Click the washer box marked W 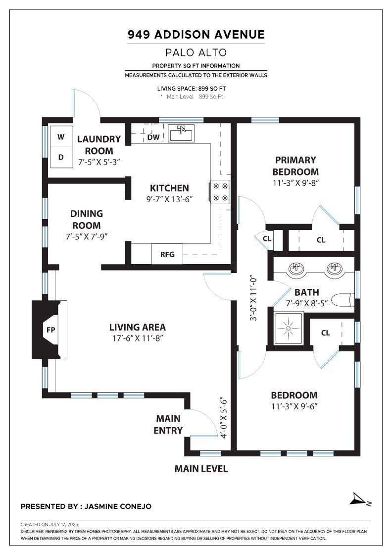61,136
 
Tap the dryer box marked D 61,157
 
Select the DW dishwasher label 153,137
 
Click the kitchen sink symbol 181,133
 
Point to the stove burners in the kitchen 220,192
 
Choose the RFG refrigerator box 167,254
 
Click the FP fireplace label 51,330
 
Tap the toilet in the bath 343,300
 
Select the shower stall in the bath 289,328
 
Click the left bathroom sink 296,269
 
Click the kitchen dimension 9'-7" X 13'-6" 169,199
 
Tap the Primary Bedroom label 295,166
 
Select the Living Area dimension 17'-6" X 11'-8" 138,338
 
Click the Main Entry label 168,424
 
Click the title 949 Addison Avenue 196,34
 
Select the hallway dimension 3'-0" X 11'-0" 253,298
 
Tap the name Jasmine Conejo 118,506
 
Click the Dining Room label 87,220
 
